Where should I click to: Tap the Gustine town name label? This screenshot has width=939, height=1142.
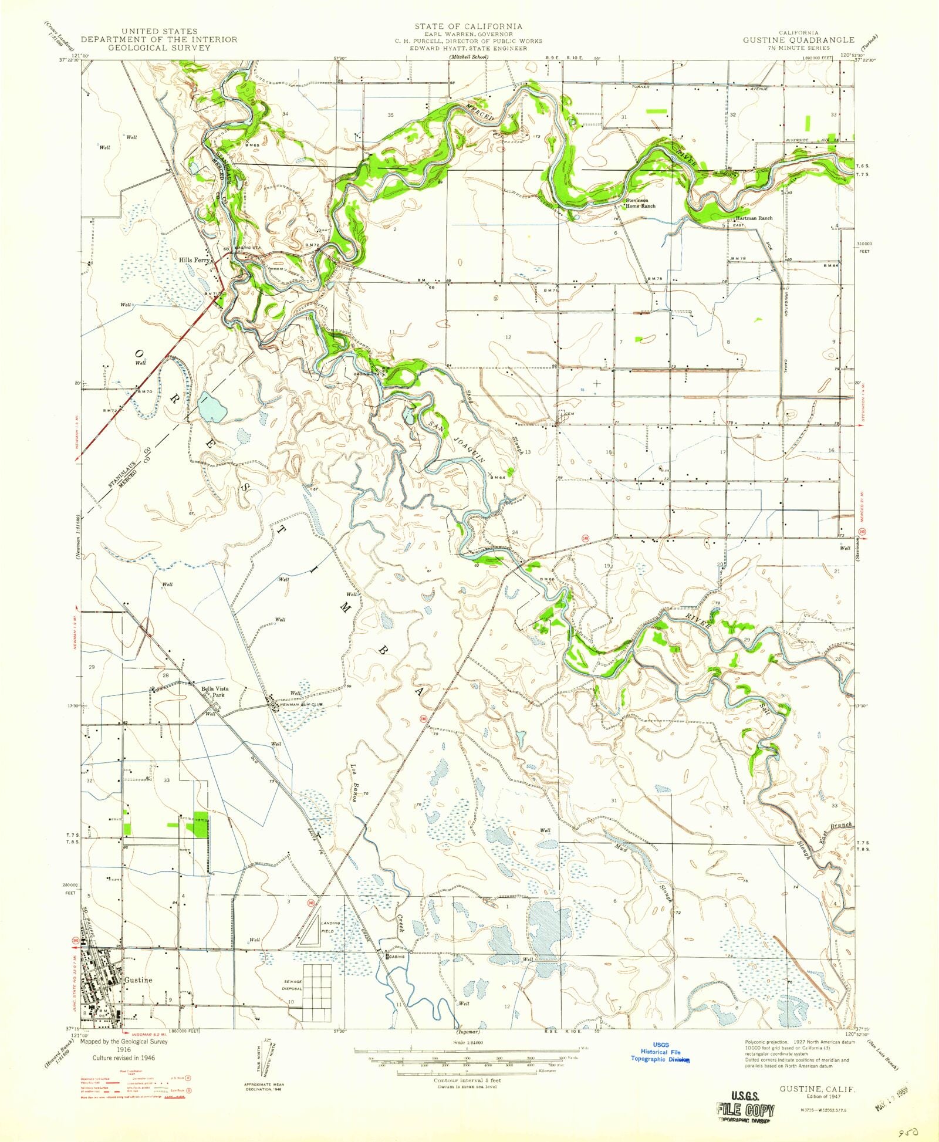click(x=138, y=980)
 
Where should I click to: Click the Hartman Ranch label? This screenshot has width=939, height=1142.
click(x=756, y=218)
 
